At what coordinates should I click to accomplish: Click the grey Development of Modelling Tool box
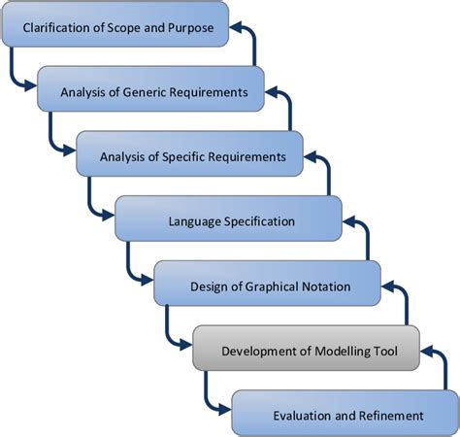[306, 350]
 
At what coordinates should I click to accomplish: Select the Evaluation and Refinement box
[345, 415]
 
